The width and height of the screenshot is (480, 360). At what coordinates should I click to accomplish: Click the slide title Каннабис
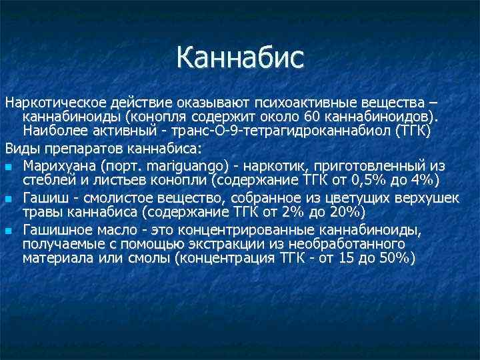(240, 57)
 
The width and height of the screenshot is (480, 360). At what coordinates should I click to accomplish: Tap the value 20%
(344, 213)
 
